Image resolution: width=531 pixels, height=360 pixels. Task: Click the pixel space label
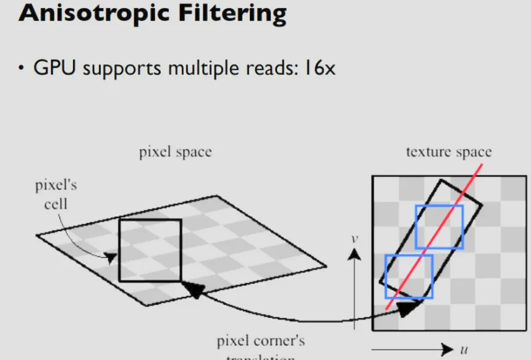coord(175,152)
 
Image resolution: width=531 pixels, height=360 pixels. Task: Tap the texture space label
coord(449,152)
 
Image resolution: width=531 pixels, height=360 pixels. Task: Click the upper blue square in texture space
coord(439,226)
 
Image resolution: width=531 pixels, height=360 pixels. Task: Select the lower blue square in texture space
coord(409,275)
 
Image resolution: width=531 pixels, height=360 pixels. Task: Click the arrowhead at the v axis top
coord(354,252)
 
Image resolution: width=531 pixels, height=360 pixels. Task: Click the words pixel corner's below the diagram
coord(260,341)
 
